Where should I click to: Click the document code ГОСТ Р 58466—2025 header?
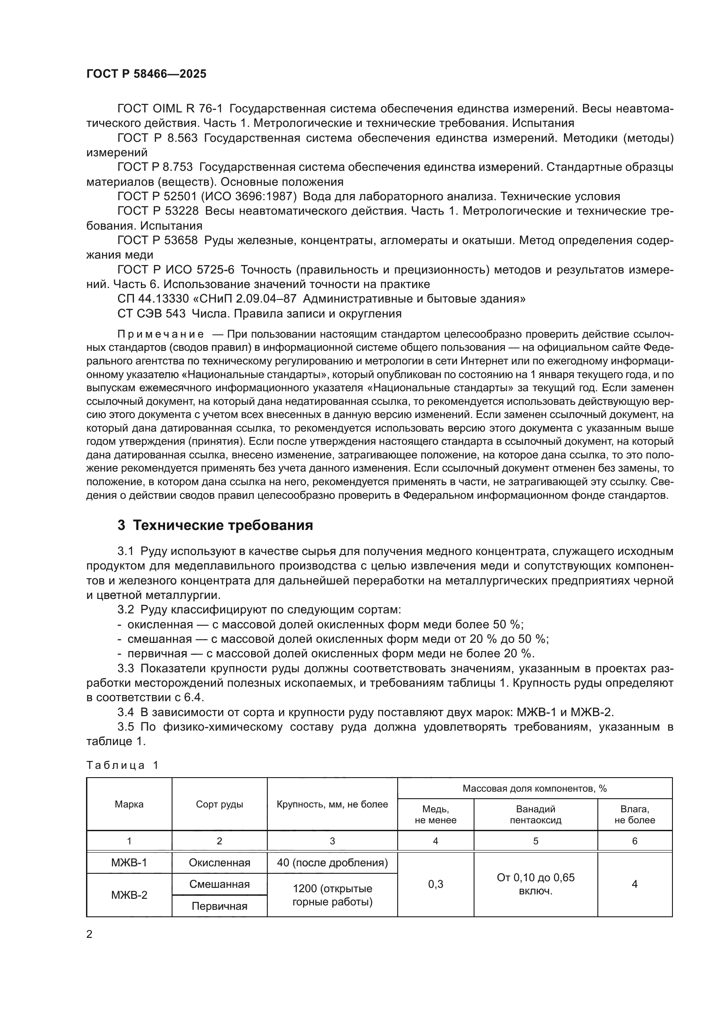point(146,74)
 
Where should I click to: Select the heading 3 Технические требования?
point(215,525)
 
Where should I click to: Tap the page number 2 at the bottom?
point(90,934)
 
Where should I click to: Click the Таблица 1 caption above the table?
point(122,765)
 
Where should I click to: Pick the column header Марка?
point(129,804)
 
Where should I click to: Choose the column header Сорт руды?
point(219,804)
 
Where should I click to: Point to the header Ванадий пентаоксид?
point(536,814)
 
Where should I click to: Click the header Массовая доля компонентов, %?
point(535,789)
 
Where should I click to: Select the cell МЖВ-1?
point(129,862)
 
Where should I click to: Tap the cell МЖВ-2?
point(129,895)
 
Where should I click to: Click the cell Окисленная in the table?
point(219,862)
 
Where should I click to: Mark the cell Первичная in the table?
point(219,906)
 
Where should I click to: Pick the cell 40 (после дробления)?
point(332,862)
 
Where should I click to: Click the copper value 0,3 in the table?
point(435,884)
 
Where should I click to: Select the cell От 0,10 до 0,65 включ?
point(536,884)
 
